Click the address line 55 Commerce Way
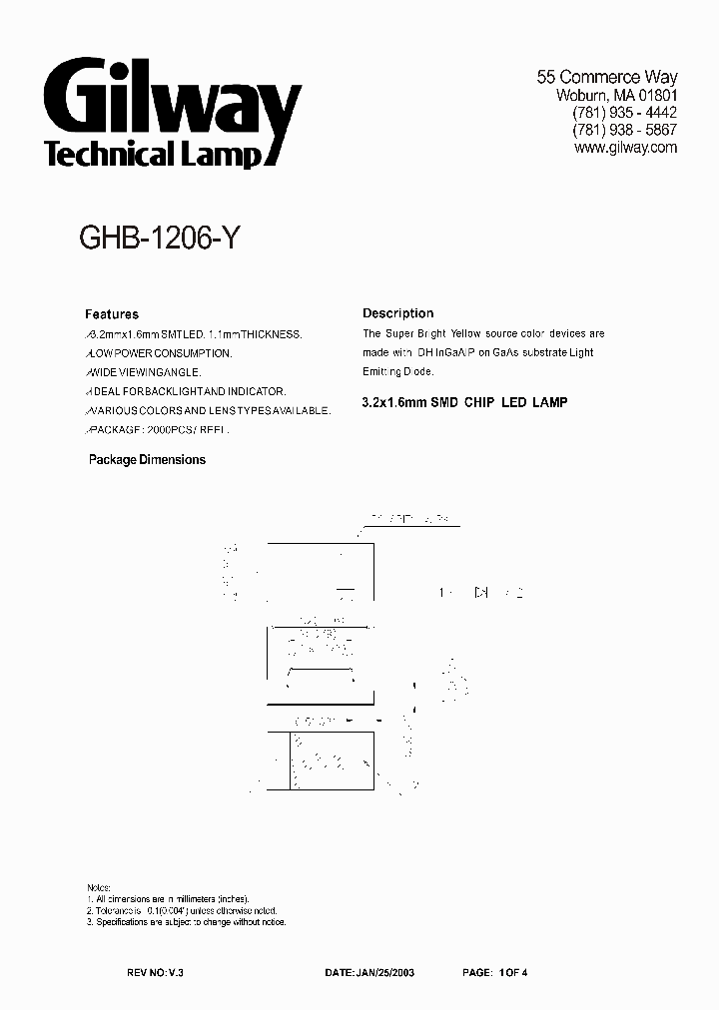(x=607, y=77)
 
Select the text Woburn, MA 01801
(x=616, y=95)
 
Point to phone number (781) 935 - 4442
(x=624, y=113)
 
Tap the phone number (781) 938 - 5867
(x=624, y=130)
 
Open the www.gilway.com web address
(x=626, y=148)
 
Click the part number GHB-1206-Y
(x=157, y=240)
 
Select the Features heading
(x=112, y=313)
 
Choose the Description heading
(x=397, y=313)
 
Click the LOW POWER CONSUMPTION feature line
(x=159, y=353)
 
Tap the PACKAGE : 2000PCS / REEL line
(x=157, y=429)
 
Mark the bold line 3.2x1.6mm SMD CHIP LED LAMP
(x=464, y=402)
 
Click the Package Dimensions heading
(x=147, y=460)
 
